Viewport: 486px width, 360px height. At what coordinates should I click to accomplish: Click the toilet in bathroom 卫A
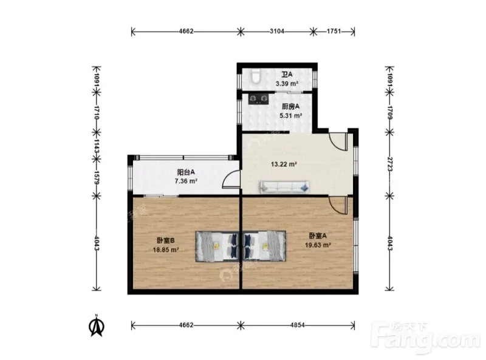click(256, 76)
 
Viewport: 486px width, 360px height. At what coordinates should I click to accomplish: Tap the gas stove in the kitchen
click(259, 99)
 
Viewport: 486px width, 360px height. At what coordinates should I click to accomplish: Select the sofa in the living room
click(284, 187)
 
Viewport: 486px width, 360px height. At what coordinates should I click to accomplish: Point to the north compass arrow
click(97, 326)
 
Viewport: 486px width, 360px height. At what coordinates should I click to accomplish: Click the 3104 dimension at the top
click(277, 32)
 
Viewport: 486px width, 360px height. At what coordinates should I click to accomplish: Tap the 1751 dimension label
click(334, 32)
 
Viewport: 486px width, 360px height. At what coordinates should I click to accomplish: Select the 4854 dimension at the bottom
click(298, 325)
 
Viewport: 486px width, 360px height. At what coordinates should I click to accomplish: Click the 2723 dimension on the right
click(389, 164)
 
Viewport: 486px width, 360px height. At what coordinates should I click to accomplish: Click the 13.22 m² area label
click(284, 164)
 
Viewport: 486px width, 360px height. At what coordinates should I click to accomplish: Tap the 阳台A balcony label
click(186, 172)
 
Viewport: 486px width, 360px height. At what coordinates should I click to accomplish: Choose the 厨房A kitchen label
click(291, 107)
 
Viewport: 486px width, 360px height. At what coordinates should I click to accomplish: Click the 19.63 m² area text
click(318, 245)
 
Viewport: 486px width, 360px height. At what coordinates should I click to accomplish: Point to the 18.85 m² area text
click(166, 250)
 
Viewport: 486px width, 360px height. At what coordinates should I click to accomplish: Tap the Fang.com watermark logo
click(425, 338)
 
